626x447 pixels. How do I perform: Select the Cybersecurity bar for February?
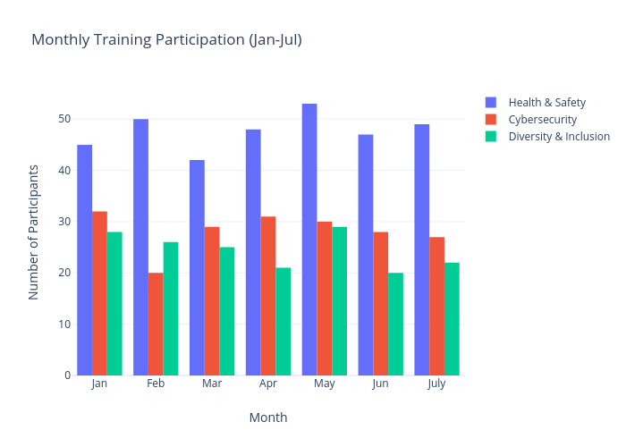(156, 324)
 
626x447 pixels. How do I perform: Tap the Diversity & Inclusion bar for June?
(395, 324)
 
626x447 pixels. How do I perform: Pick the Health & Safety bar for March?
(197, 267)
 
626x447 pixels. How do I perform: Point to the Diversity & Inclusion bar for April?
(283, 321)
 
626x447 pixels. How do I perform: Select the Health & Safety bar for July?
(422, 249)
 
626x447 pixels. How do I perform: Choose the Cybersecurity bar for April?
(268, 295)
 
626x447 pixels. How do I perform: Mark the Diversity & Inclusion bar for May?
(340, 300)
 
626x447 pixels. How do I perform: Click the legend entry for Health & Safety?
(546, 102)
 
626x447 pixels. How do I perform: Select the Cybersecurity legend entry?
(542, 119)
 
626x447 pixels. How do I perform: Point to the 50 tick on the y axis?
(64, 119)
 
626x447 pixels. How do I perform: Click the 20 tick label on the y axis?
(64, 273)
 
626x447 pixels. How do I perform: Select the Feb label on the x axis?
(156, 384)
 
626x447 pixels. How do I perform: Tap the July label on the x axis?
(436, 384)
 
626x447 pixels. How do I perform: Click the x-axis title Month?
(268, 417)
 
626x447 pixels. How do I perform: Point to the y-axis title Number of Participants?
(34, 232)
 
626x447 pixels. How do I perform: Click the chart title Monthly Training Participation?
(166, 39)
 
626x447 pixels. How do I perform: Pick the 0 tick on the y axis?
(67, 375)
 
